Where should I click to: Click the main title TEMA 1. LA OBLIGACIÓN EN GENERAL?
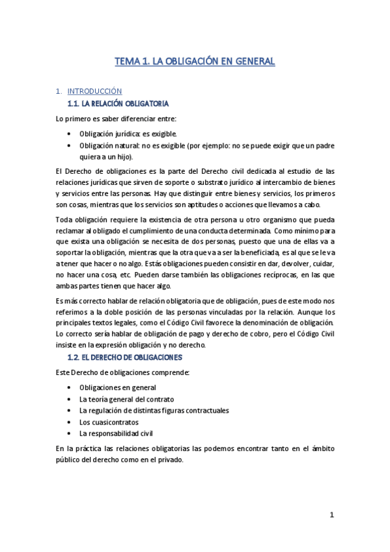[x=195, y=61]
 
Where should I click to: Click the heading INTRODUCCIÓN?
[x=95, y=91]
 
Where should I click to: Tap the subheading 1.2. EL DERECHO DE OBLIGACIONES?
[x=125, y=357]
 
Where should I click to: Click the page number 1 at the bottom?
[x=331, y=515]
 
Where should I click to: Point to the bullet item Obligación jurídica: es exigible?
[x=128, y=133]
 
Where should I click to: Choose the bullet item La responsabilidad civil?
[x=115, y=433]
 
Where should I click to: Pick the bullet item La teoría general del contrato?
[x=126, y=399]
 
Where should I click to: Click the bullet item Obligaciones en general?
[x=114, y=387]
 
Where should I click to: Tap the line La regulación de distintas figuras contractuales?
[x=154, y=410]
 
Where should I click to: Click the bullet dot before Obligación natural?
[x=70, y=145]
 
